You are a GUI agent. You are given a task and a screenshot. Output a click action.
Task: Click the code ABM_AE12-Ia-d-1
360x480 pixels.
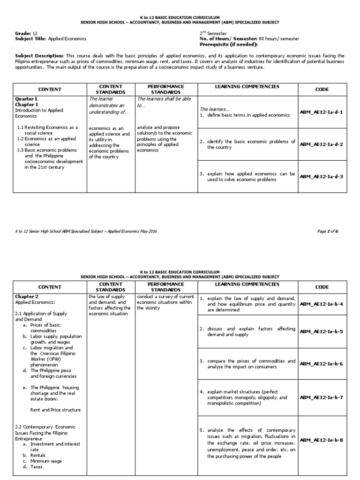(321, 112)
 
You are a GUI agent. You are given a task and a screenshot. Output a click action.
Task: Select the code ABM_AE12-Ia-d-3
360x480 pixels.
(321, 176)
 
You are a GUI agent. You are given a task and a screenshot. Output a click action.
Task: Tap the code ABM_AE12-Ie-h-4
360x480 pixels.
(321, 304)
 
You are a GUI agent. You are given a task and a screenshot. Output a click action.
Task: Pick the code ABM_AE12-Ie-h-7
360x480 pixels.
(321, 397)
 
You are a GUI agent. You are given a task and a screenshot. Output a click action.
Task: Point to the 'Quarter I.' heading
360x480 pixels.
(27, 99)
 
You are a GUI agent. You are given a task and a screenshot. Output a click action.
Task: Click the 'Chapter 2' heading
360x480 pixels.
(25, 297)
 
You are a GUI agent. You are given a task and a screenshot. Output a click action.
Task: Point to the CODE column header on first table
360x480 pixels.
(322, 90)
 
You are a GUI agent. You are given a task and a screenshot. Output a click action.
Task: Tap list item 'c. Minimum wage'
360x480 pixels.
(45, 461)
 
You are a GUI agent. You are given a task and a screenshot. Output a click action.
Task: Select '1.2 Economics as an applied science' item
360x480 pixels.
(48, 142)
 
